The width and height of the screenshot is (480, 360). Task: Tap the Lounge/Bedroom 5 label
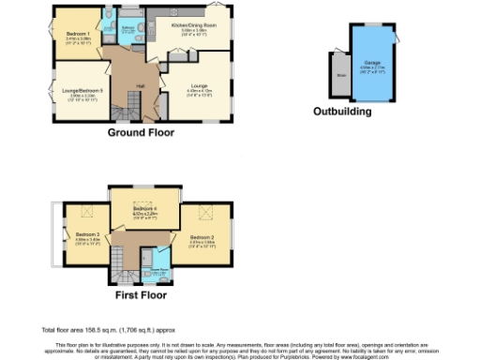[82, 91]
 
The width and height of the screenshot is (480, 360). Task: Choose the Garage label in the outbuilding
[369, 64]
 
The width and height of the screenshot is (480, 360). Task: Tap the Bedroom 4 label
[144, 208]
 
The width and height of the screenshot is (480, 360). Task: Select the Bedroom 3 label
[87, 233]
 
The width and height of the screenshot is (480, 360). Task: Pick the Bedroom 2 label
[203, 237]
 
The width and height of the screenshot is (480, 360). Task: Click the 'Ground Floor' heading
[142, 133]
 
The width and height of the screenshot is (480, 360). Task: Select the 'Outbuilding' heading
[343, 112]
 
